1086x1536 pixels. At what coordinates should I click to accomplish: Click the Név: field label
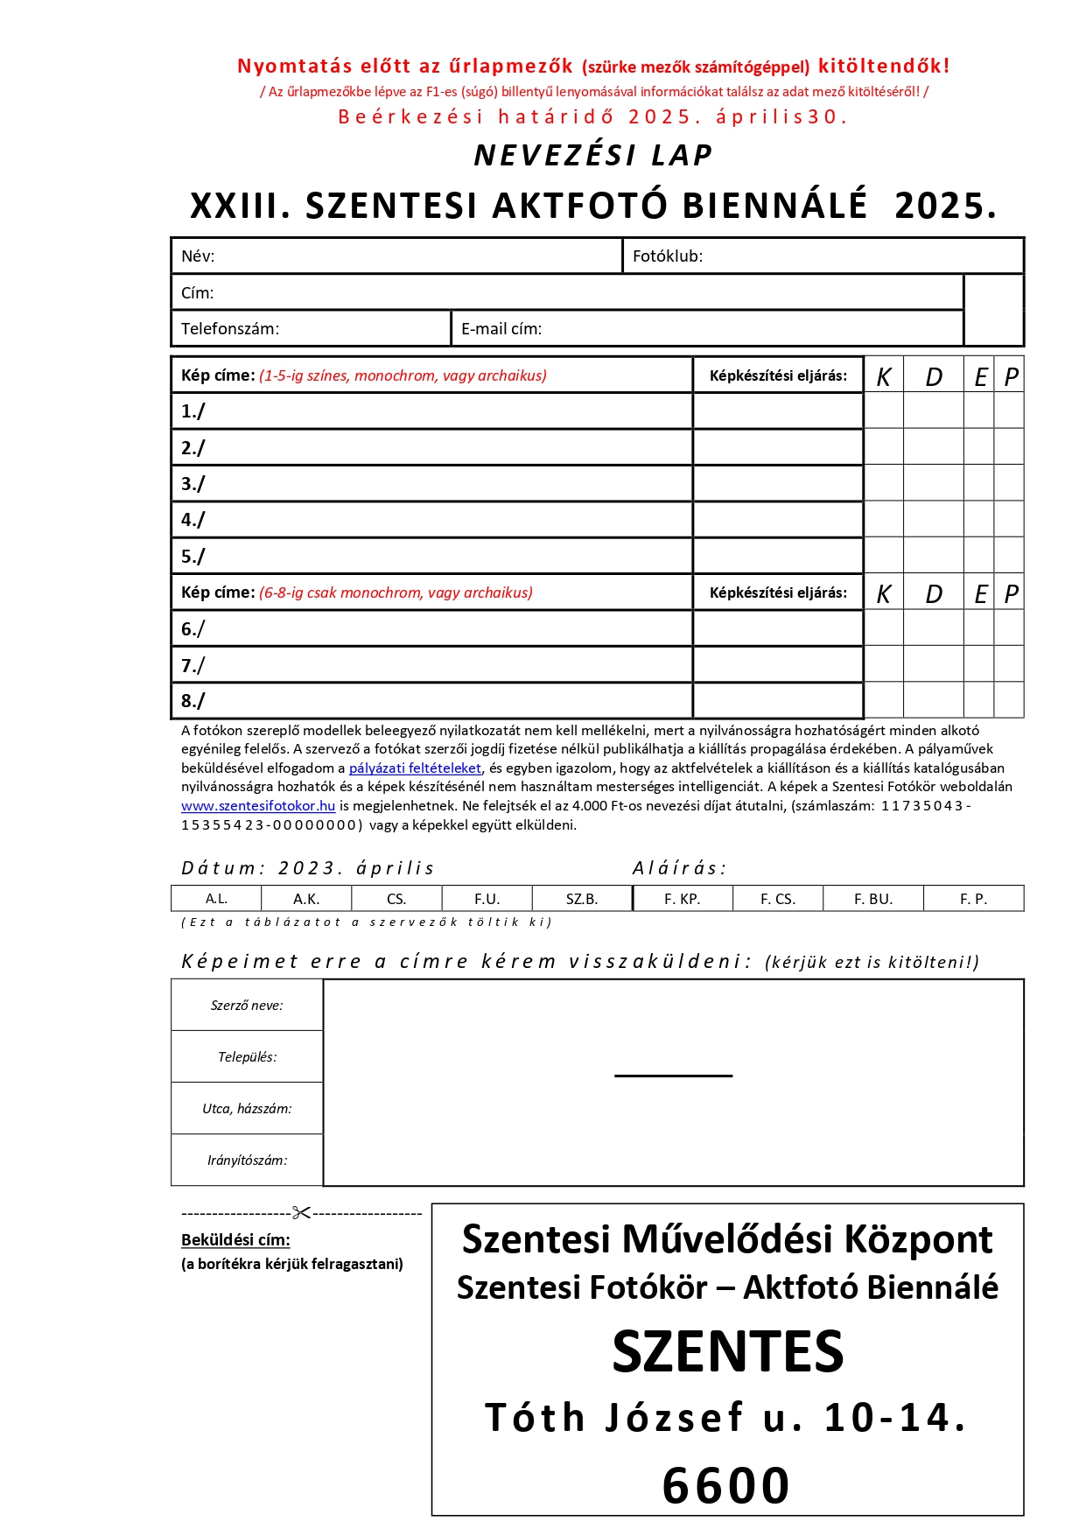click(x=198, y=256)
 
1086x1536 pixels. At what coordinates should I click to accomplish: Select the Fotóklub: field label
click(x=667, y=256)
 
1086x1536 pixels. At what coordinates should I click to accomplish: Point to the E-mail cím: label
click(x=501, y=329)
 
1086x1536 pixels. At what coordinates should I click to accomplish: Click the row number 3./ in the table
click(x=193, y=484)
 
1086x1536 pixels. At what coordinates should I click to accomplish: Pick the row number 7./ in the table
click(x=193, y=665)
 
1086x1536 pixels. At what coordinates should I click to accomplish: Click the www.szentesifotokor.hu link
click(x=258, y=806)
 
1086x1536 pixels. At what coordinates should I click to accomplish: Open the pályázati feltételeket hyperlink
click(x=415, y=768)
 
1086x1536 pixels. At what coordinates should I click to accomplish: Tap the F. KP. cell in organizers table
click(x=682, y=899)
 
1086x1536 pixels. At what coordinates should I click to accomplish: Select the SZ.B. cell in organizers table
click(x=581, y=899)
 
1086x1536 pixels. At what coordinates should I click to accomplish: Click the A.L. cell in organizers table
click(x=216, y=899)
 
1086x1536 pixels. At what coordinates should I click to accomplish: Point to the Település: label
click(x=247, y=1057)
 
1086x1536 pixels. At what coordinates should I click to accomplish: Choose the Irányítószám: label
click(x=247, y=1161)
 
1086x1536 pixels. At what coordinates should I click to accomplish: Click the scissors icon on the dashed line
click(x=301, y=1213)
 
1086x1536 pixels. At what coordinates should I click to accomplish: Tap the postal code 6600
click(x=725, y=1486)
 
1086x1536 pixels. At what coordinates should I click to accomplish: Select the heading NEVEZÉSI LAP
click(x=592, y=156)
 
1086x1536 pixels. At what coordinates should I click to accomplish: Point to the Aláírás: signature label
click(x=679, y=868)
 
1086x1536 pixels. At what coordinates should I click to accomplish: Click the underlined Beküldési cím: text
click(x=235, y=1240)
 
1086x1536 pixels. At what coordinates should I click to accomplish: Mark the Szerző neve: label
click(x=247, y=1006)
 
